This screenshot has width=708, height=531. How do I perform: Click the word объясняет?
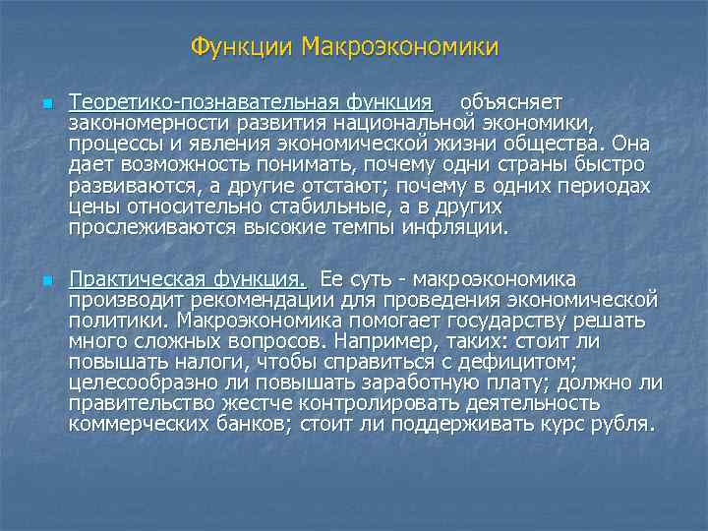pyautogui.click(x=510, y=102)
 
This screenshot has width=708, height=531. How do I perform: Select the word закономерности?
pyautogui.click(x=131, y=123)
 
